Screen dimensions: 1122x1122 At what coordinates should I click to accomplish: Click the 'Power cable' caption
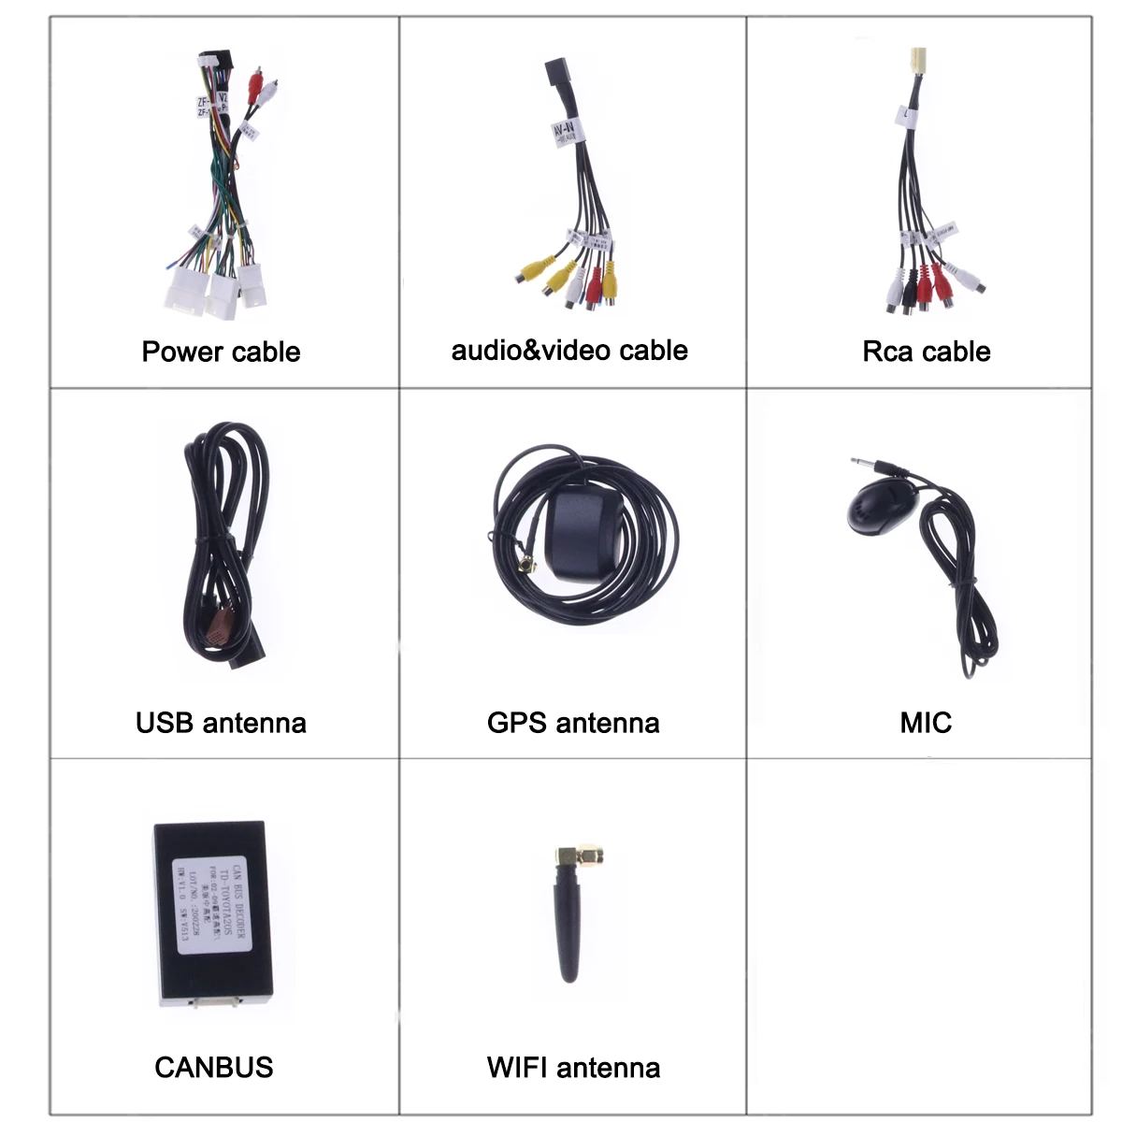pyautogui.click(x=221, y=352)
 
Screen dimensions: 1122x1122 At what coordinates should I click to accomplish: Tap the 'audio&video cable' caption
pyautogui.click(x=569, y=350)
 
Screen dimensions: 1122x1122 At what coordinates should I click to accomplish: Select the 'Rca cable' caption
pyautogui.click(x=926, y=352)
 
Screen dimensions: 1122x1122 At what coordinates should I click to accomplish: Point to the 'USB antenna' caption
pyautogui.click(x=221, y=722)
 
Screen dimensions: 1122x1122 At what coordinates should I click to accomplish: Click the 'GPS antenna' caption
pyautogui.click(x=573, y=722)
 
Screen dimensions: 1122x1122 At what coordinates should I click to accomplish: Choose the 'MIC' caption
pyautogui.click(x=926, y=722)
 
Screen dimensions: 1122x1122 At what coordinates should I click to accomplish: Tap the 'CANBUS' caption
pyautogui.click(x=213, y=1067)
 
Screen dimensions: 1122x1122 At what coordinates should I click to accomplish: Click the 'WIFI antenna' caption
pyautogui.click(x=573, y=1067)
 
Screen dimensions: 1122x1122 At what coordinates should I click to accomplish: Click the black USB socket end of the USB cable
pyautogui.click(x=247, y=654)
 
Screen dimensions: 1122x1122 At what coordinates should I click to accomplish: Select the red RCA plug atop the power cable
pyautogui.click(x=255, y=86)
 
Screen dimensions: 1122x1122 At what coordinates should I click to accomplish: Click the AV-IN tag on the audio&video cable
pyautogui.click(x=564, y=134)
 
